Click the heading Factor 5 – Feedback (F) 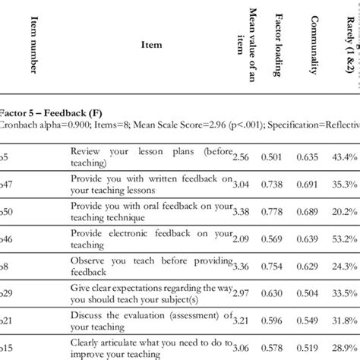point(46,113)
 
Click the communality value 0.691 point(312,183)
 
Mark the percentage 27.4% point(346,293)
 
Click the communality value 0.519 point(312,321)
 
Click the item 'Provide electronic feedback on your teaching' point(144,238)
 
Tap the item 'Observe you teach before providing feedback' point(144,266)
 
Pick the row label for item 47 point(6,183)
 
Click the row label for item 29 point(6,293)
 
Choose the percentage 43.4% point(346,156)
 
